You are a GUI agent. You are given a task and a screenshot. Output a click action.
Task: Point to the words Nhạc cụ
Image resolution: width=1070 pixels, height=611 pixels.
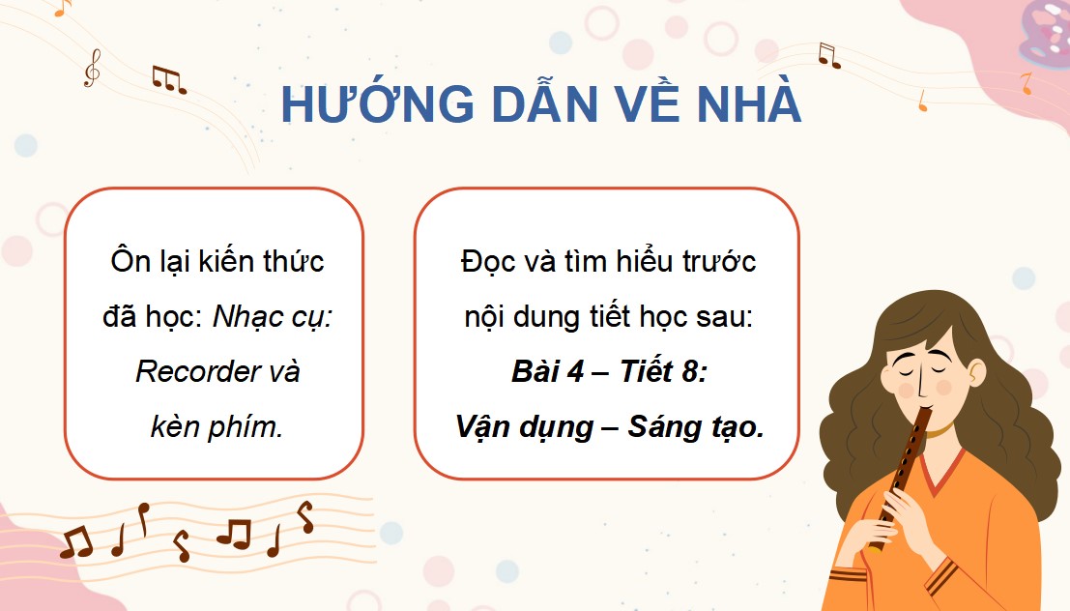click(x=273, y=317)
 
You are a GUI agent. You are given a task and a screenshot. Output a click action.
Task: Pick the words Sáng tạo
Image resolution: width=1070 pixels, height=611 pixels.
click(x=696, y=427)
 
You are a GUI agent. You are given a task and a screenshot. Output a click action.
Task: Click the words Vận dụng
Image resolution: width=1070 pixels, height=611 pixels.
click(x=524, y=427)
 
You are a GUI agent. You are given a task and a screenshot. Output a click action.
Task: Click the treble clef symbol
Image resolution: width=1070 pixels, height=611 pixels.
click(x=92, y=69)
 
